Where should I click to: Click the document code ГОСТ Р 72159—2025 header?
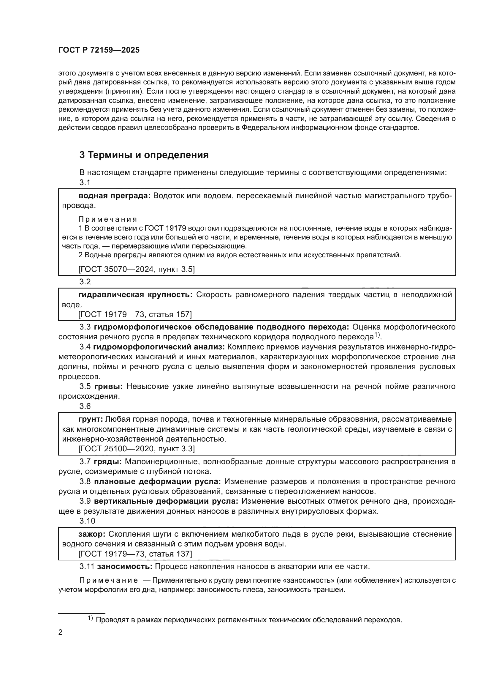[99, 50]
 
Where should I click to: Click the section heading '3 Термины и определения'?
[144, 155]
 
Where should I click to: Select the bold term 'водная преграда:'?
[114, 196]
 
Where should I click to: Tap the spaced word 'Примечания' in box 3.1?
[108, 219]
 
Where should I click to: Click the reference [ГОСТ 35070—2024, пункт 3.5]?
[136, 269]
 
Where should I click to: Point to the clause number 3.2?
[85, 282]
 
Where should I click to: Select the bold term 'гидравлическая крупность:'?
[135, 294]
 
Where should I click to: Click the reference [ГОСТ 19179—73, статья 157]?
[135, 314]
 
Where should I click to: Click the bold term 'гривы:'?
[109, 387]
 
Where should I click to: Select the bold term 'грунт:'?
[91, 419]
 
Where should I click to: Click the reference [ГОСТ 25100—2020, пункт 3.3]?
[136, 449]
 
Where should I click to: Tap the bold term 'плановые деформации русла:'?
[158, 482]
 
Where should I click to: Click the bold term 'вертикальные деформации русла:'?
[166, 501]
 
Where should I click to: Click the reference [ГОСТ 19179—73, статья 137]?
[135, 554]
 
